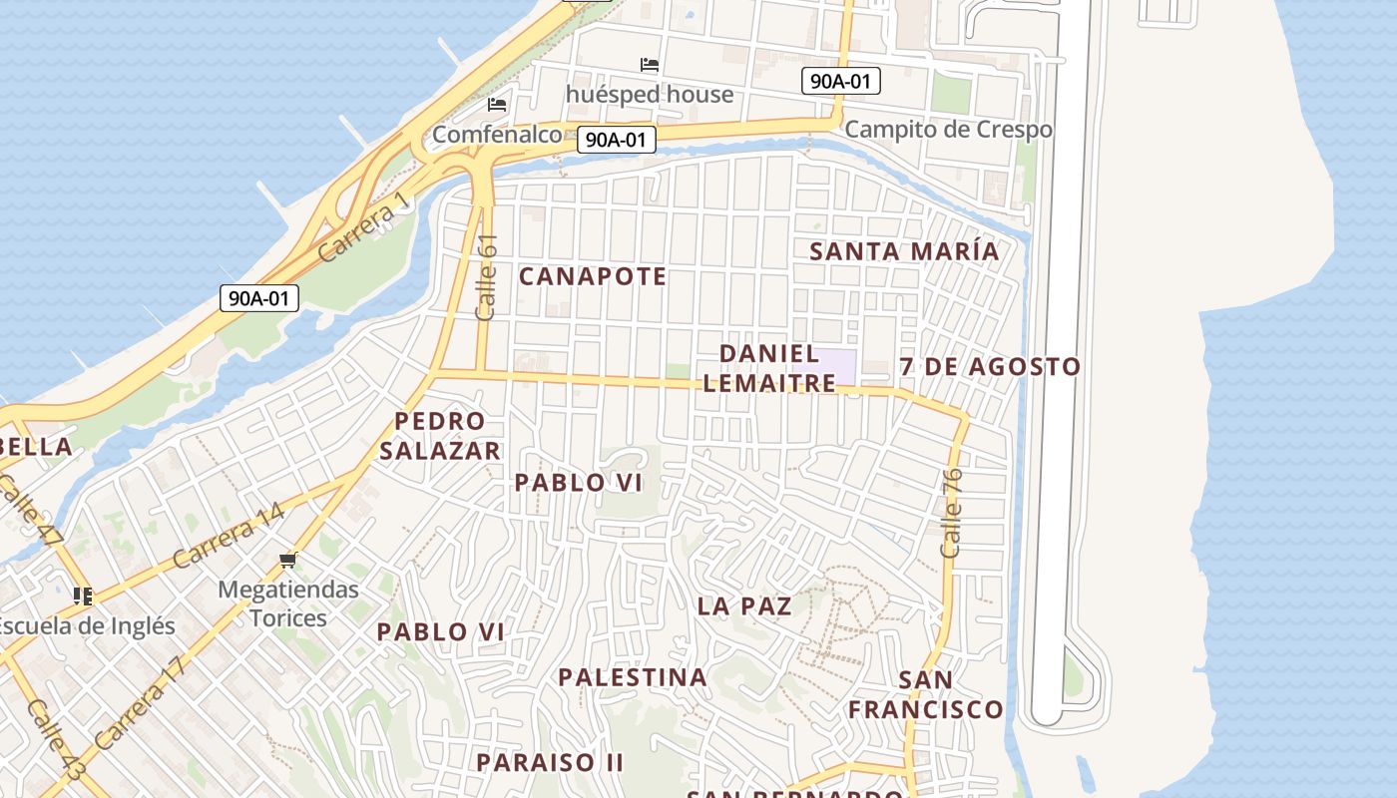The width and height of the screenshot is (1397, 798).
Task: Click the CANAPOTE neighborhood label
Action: tap(593, 276)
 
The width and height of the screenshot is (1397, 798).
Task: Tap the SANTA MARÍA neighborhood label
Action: tap(904, 250)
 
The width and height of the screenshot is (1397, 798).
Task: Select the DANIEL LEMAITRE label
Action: tap(769, 367)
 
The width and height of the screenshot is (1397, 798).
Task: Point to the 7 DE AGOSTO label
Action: tap(990, 366)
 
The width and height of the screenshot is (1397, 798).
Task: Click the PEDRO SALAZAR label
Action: tap(439, 435)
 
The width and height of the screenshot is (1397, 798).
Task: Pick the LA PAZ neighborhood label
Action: tap(744, 605)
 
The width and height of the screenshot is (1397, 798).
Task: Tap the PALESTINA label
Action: tap(633, 677)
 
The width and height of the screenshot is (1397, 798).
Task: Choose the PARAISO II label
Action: tap(550, 762)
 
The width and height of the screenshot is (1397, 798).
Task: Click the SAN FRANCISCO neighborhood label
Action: tap(926, 694)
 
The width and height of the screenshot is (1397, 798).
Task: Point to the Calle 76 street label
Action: tap(951, 513)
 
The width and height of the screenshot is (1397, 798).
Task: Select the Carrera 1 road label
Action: tap(364, 227)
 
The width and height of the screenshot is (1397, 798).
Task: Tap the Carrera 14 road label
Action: tap(229, 537)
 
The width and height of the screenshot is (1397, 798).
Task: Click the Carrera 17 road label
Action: tap(141, 703)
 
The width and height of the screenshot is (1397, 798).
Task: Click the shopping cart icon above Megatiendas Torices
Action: tap(288, 561)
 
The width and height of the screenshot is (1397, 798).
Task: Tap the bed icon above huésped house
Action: tap(650, 65)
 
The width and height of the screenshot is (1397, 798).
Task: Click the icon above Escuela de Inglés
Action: tap(83, 597)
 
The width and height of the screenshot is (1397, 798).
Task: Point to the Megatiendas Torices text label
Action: tap(288, 603)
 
